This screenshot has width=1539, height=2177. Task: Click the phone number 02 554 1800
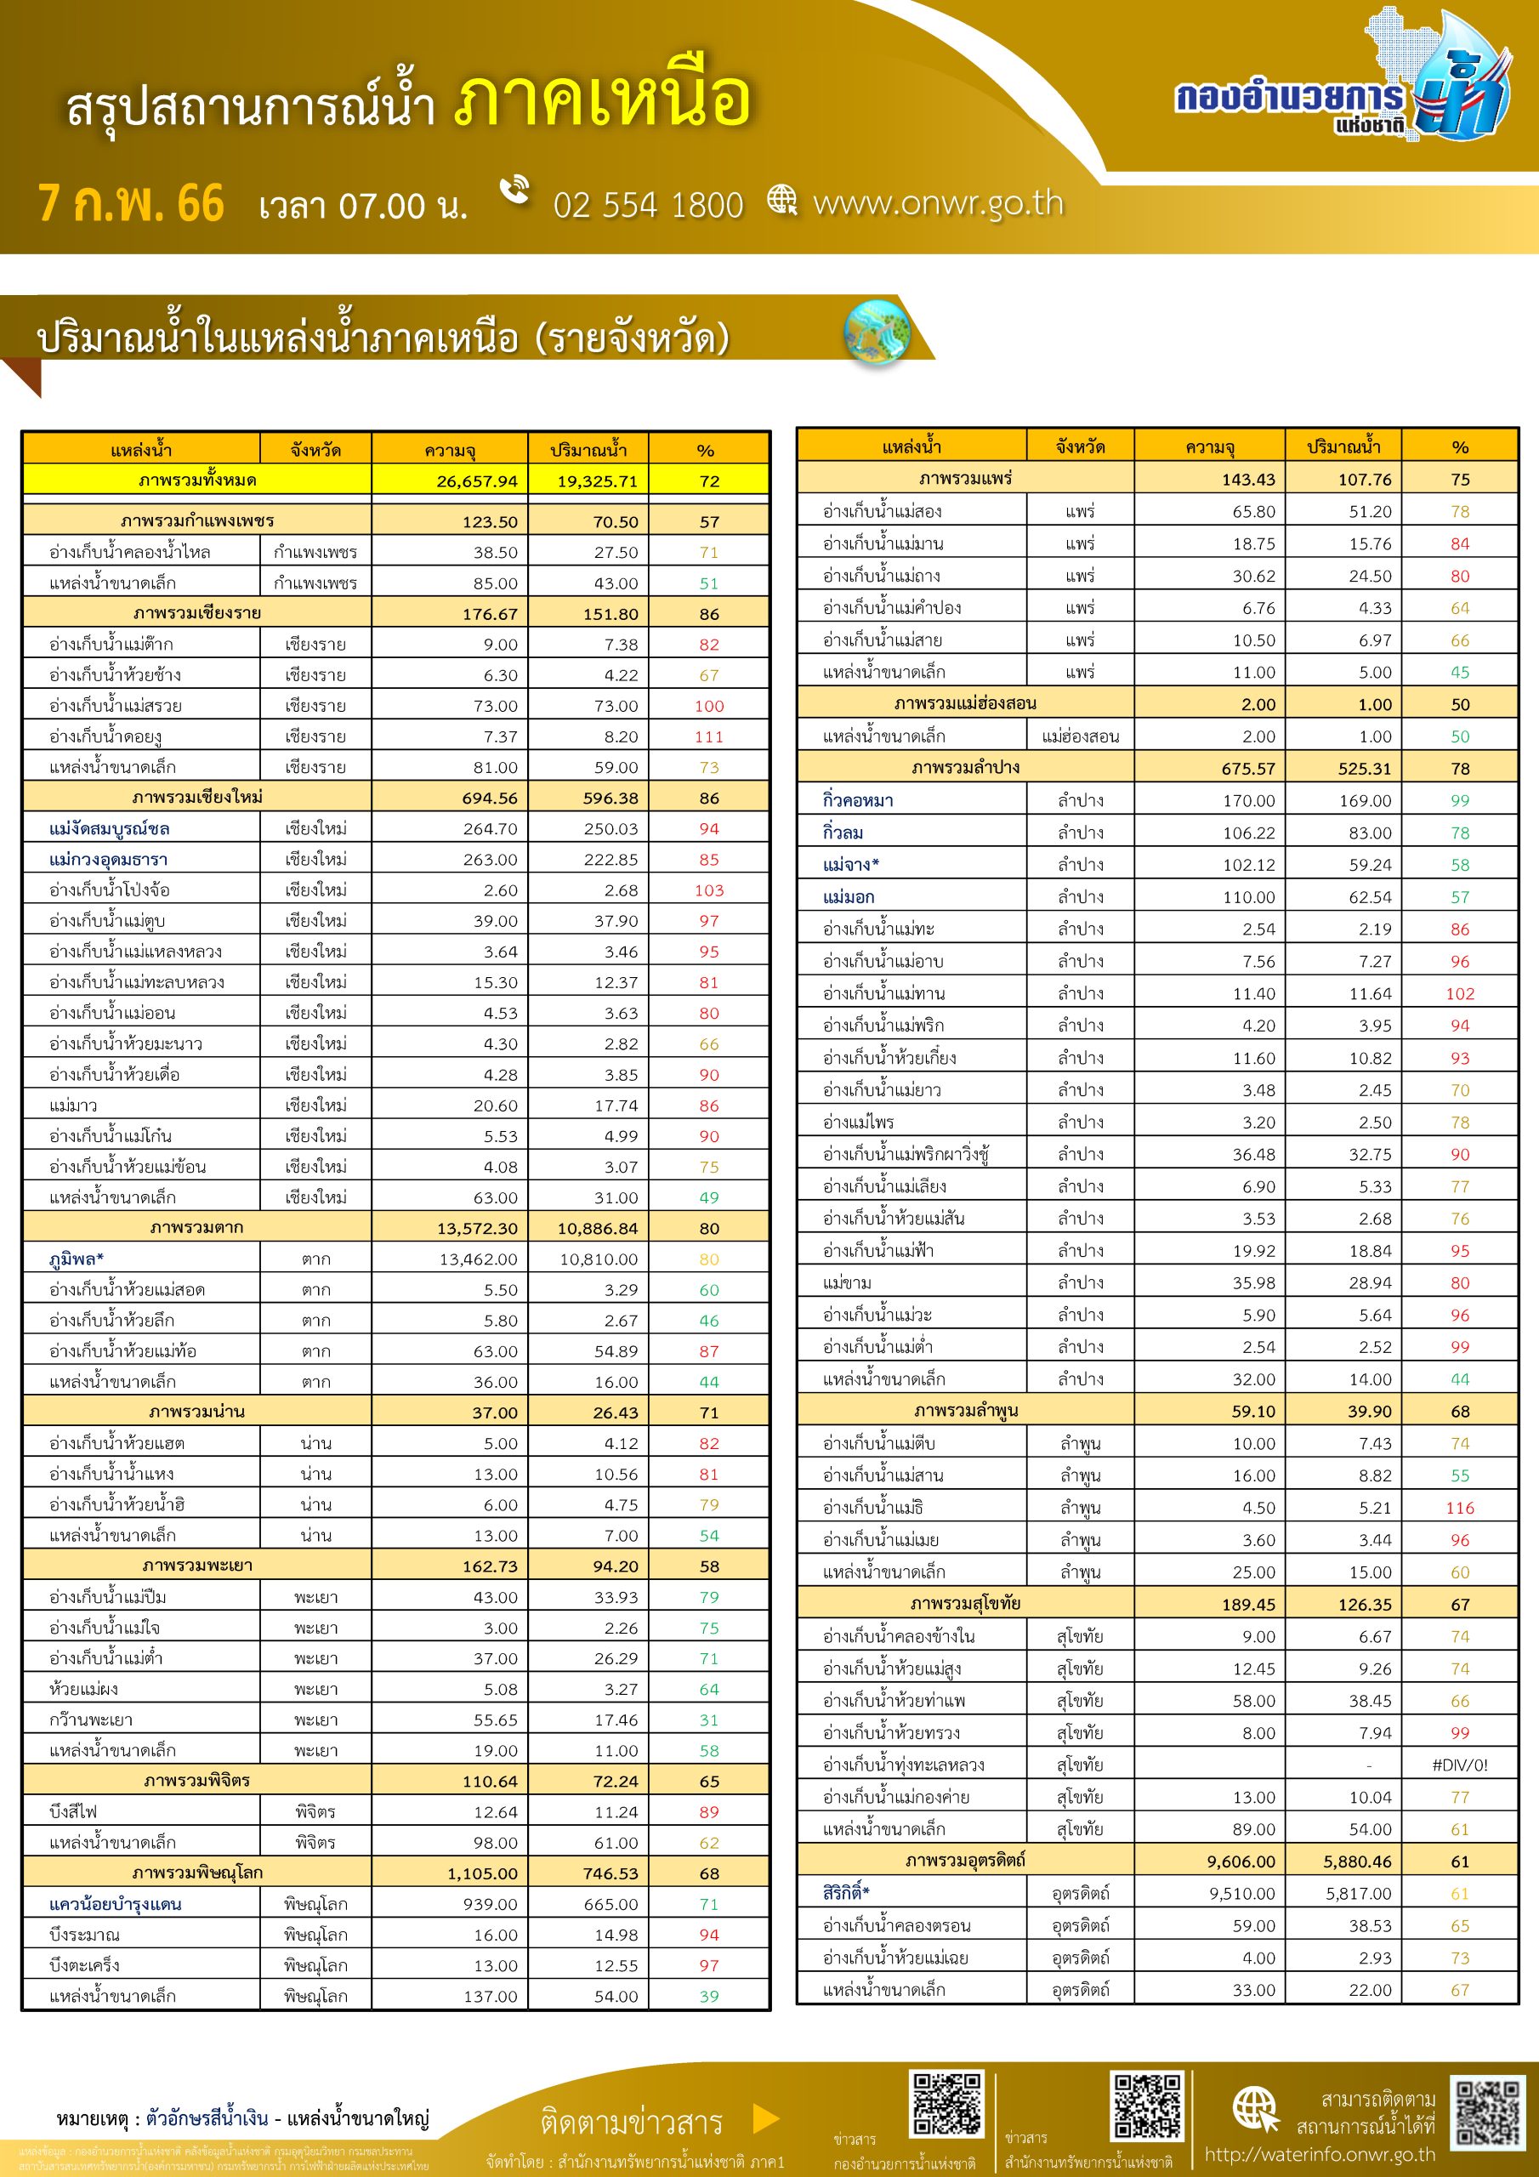[648, 206]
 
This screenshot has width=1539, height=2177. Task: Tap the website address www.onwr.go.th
[938, 203]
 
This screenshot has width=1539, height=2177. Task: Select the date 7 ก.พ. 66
[131, 204]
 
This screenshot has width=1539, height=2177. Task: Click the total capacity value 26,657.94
[477, 480]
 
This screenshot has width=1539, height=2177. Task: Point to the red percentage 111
[708, 736]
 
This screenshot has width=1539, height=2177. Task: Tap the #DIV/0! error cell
[1459, 1765]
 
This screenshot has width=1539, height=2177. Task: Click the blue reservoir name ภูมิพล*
[76, 1259]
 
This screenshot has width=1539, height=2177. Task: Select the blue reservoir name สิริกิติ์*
[846, 1893]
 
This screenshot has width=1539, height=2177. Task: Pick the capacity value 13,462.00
[478, 1259]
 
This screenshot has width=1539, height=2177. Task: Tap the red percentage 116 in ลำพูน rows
[1459, 1508]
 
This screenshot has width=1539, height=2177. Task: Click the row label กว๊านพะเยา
[91, 1720]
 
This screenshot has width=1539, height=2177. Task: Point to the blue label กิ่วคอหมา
[857, 800]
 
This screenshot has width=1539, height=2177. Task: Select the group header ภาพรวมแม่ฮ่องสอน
[964, 703]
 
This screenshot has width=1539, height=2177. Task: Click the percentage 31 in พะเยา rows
[708, 1720]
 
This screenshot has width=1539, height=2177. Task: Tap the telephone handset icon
[515, 189]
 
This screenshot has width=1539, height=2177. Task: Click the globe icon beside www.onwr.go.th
[782, 200]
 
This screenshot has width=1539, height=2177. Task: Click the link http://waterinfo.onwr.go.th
[1319, 2154]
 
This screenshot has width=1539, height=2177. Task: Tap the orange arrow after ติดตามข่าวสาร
[765, 2118]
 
